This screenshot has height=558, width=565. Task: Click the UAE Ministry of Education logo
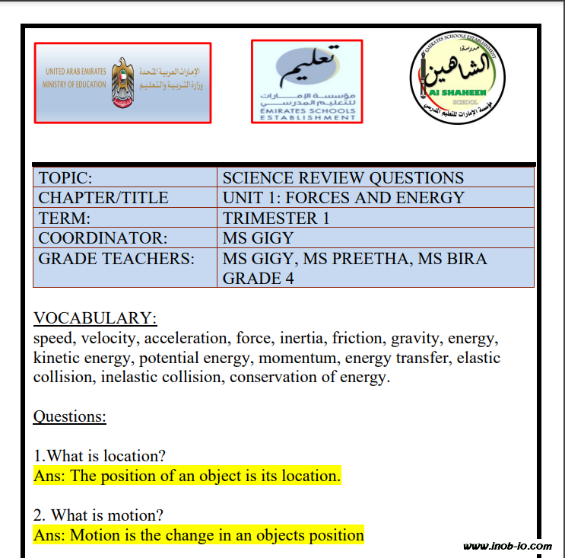coord(122,82)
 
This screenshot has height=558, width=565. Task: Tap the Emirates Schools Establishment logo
coord(306,81)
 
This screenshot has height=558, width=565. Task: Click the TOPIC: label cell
coord(65,178)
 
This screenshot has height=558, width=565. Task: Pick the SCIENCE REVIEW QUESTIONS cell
coord(343,178)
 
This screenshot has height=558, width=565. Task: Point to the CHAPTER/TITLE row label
coord(103,198)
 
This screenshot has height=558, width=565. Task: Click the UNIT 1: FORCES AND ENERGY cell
coord(343,198)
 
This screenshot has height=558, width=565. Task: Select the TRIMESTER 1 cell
coord(276,218)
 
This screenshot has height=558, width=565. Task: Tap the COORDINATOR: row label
coord(103,238)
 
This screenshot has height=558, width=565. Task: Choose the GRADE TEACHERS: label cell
coord(116,258)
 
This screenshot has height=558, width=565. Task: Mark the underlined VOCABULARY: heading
coord(95,317)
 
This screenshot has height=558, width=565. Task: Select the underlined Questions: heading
coord(70,416)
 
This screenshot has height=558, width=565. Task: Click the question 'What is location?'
coord(100,456)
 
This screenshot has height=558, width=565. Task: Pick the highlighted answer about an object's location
coord(187,476)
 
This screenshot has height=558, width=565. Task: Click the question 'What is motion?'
coord(98,515)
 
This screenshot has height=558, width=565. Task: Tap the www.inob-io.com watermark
coord(507,546)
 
